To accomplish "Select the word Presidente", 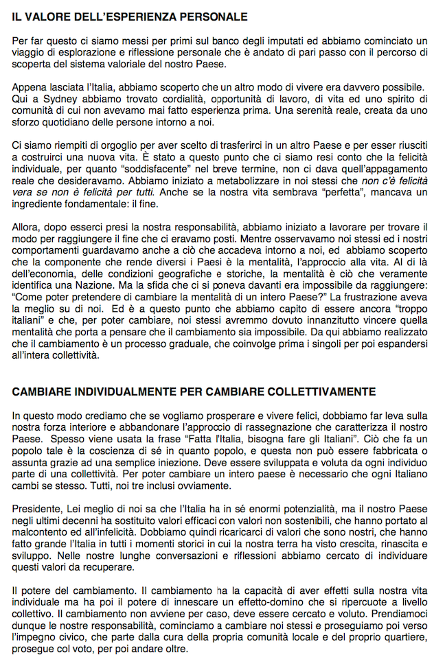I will (x=38, y=507).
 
